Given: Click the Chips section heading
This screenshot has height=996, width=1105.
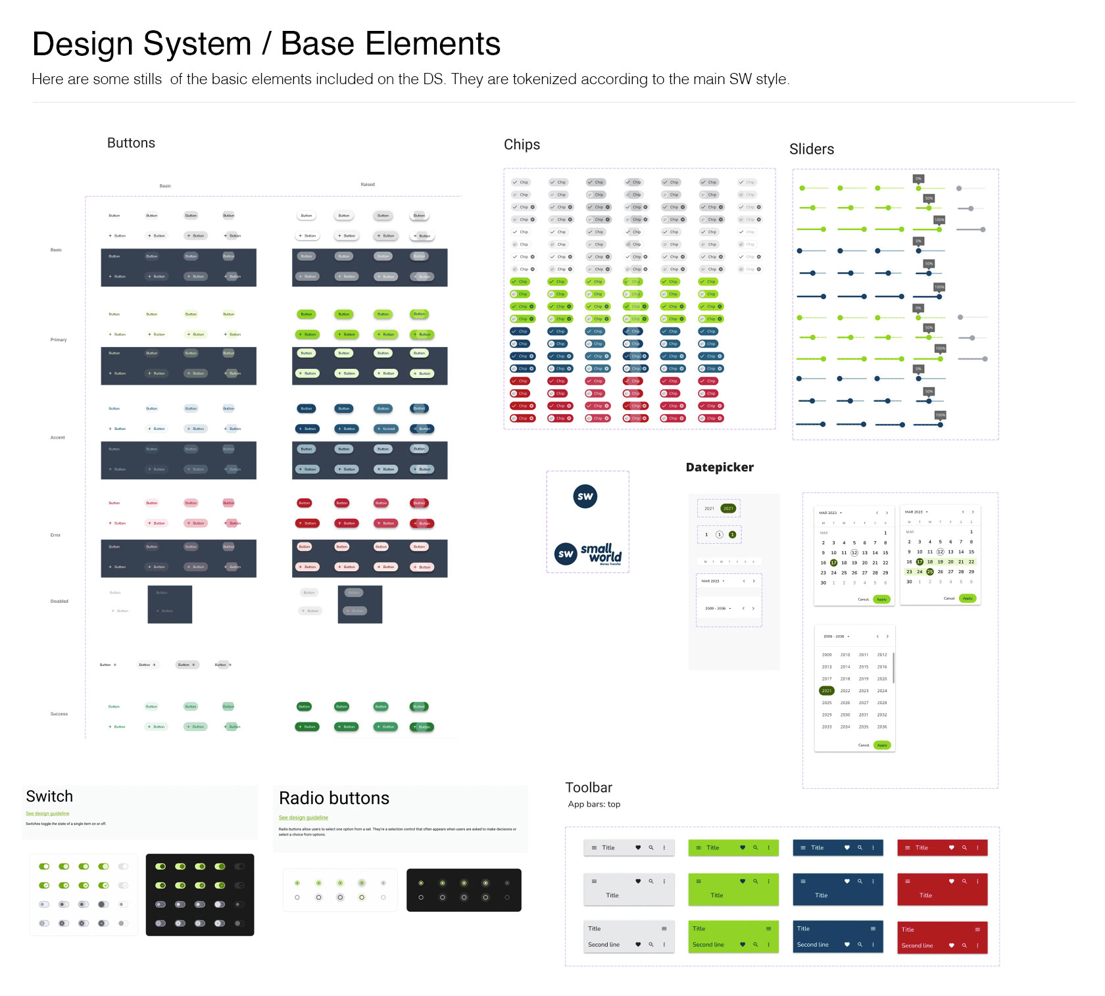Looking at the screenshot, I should click(x=522, y=145).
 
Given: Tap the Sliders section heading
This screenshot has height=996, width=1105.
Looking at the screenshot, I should click(x=811, y=149).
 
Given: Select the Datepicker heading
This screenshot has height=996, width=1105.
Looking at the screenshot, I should click(x=720, y=467).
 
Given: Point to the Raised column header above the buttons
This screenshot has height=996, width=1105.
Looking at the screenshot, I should click(x=368, y=185).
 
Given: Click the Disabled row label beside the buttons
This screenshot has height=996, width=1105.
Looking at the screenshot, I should click(x=59, y=602).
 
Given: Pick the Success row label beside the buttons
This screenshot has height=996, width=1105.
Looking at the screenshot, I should click(x=59, y=714).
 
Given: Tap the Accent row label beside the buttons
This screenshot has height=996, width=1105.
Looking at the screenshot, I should click(x=58, y=438).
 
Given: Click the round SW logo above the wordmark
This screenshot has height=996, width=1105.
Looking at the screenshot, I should click(x=585, y=496).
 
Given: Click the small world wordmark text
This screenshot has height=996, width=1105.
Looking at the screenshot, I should click(x=601, y=553).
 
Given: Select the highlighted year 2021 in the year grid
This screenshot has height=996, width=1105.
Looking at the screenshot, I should click(x=827, y=691).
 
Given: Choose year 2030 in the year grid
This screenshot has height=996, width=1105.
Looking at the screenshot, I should click(x=845, y=715).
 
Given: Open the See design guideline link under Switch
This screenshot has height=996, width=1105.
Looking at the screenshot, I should click(x=47, y=814).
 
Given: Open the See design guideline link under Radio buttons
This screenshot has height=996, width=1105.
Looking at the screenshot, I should click(x=303, y=818).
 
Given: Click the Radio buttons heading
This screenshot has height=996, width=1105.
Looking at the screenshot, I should click(x=334, y=798).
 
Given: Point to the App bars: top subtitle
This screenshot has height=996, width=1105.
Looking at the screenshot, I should click(x=594, y=805).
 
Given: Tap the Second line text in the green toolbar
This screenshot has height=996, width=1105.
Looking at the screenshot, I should click(x=708, y=945).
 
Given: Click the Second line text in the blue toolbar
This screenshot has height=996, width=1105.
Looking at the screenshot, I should click(x=813, y=945).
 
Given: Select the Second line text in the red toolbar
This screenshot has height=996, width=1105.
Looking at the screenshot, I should click(x=917, y=945).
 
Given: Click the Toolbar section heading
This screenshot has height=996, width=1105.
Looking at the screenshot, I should click(x=589, y=788).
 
